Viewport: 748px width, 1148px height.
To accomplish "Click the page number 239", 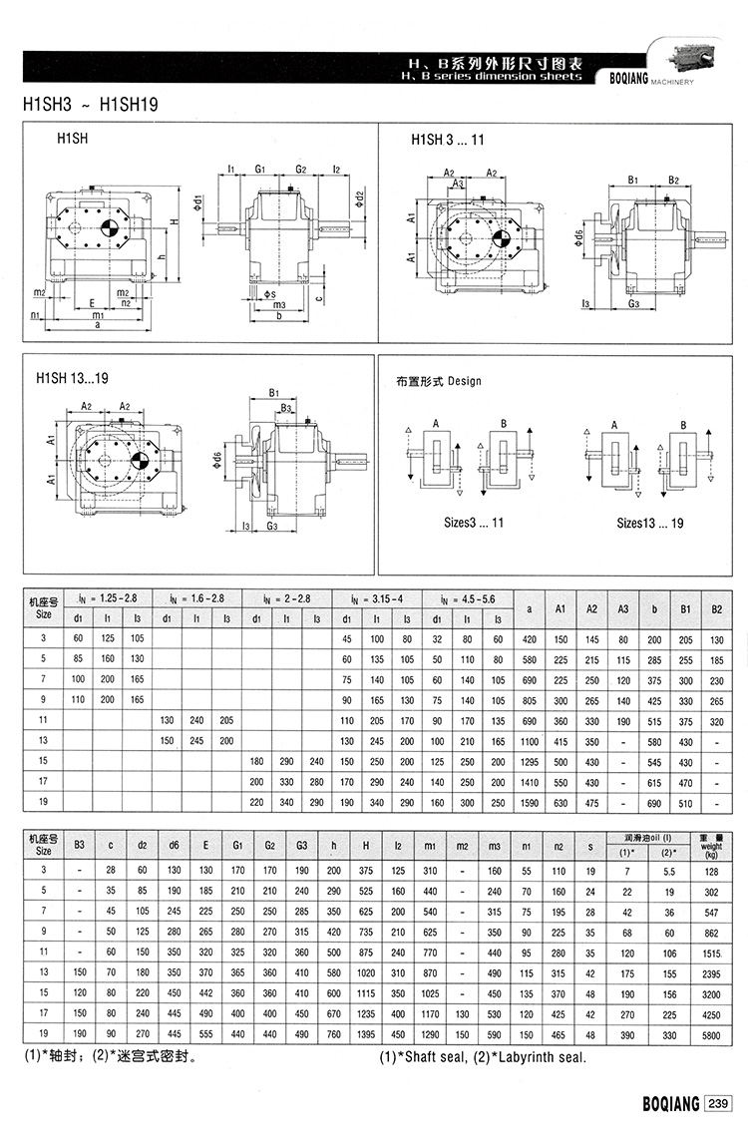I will pos(718,1104).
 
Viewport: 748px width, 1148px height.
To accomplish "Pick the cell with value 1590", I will pos(529,801).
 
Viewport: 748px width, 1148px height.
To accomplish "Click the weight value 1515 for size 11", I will pos(711,954).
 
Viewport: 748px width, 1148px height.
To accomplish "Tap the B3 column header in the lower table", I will pos(79,847).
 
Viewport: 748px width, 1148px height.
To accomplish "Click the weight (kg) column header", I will pos(711,847).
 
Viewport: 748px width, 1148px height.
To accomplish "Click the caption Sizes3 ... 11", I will pos(474,523).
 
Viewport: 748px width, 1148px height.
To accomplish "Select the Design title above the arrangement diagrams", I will pos(439,381).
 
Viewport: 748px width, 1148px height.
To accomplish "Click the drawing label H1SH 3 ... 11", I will pos(448,141).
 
